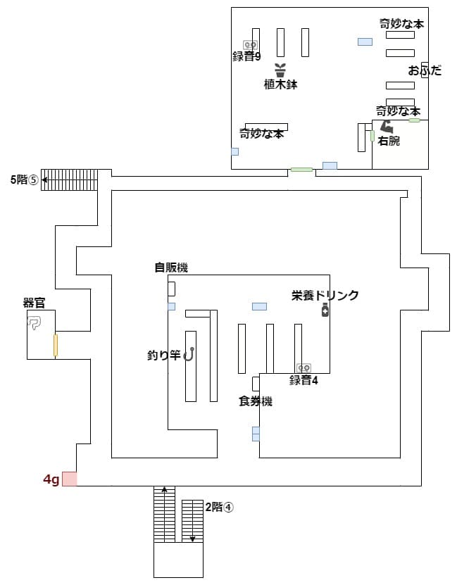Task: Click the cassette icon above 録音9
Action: (x=248, y=44)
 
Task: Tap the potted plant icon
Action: (x=280, y=70)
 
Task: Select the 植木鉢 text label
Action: (x=280, y=84)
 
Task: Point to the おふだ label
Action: (x=425, y=70)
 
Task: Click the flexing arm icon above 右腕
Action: (x=387, y=127)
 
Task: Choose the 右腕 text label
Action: (x=389, y=141)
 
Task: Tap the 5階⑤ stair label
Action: (x=23, y=180)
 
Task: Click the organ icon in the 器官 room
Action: (x=35, y=322)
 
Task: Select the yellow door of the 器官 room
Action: (x=55, y=345)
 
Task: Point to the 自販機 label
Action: (x=171, y=268)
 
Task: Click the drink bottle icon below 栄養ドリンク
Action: (x=325, y=311)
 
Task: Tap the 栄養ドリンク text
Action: (x=325, y=296)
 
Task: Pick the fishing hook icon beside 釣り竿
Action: (x=189, y=355)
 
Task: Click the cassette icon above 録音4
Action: (x=304, y=368)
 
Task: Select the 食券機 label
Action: (x=255, y=401)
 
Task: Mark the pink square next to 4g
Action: (x=69, y=479)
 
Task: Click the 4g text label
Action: (x=51, y=479)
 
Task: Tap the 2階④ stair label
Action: (x=218, y=506)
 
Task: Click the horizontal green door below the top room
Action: (x=301, y=170)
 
